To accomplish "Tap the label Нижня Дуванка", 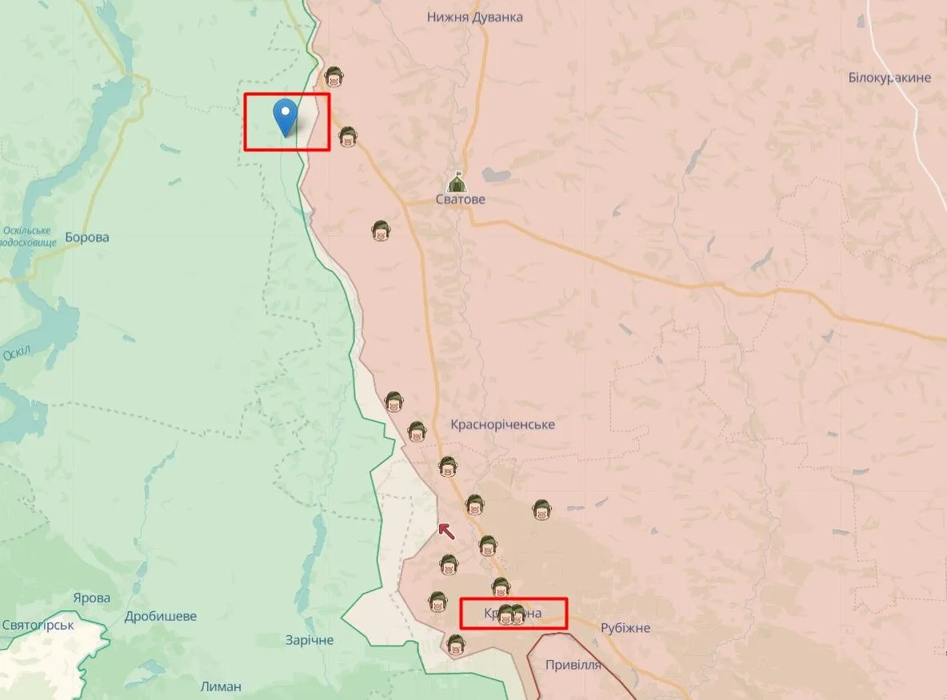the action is tap(475, 17).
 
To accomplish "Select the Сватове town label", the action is tap(461, 199).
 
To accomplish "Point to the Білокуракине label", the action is tap(889, 78).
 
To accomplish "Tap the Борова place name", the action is tap(87, 237).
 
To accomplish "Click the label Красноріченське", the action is tap(502, 424).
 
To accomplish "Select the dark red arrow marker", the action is tap(446, 529).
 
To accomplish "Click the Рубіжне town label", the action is tap(625, 628).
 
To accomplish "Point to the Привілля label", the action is tap(573, 665).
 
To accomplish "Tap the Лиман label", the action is tap(222, 686).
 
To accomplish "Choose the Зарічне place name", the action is tap(310, 640).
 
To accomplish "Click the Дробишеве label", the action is tap(161, 617).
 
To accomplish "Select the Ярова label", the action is tap(91, 598).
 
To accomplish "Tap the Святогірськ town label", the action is tap(38, 625).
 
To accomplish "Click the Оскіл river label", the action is tap(16, 351).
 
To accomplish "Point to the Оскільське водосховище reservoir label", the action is tap(27, 236).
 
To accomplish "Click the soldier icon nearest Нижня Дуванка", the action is tap(334, 78).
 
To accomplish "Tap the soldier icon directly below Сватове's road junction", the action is tap(381, 231).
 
